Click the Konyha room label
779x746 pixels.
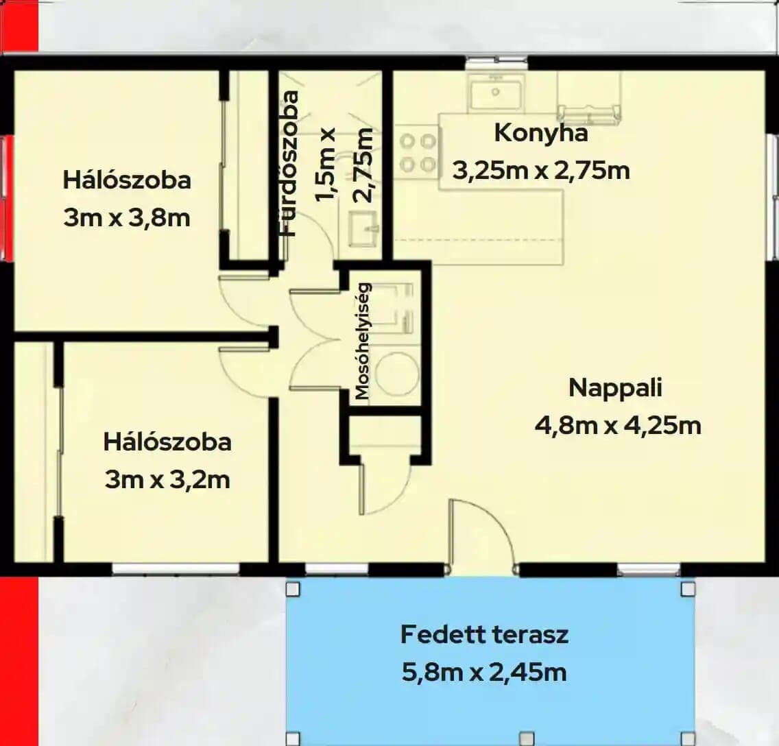[541, 134]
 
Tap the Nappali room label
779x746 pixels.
[615, 387]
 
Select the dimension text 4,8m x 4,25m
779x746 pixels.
[618, 426]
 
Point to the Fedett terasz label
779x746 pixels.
[484, 634]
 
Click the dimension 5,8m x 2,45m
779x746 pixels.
[484, 673]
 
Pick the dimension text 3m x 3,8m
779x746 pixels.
[127, 218]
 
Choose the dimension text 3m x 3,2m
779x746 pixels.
[167, 480]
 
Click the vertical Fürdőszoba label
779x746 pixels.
[289, 163]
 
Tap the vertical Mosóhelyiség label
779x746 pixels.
[363, 341]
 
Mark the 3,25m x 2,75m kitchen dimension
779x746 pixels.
[541, 171]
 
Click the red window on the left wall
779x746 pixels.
[6, 199]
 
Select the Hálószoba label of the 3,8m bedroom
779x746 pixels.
[127, 180]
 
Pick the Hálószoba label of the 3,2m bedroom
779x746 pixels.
[167, 442]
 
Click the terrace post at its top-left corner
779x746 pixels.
[293, 589]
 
